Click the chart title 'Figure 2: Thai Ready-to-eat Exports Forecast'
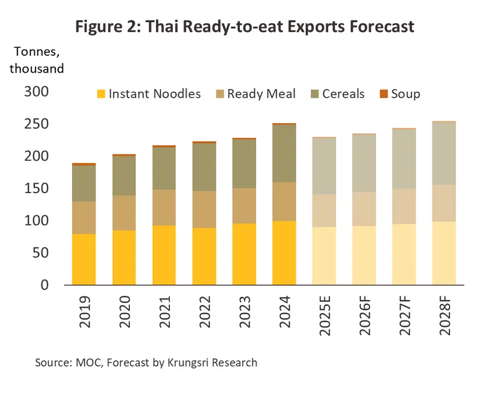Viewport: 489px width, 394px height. tap(244, 27)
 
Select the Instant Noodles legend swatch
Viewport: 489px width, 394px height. tap(101, 94)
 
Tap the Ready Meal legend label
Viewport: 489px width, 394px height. tap(261, 94)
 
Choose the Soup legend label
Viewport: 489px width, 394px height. tap(405, 94)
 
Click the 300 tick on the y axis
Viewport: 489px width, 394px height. tap(37, 92)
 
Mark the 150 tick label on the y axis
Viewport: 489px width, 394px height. tap(37, 189)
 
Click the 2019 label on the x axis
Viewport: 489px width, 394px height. tap(84, 314)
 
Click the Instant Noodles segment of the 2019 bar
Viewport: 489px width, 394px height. tap(84, 259)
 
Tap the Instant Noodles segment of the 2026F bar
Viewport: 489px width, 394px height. tap(365, 255)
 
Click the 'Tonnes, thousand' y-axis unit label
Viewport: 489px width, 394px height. tap(36, 60)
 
